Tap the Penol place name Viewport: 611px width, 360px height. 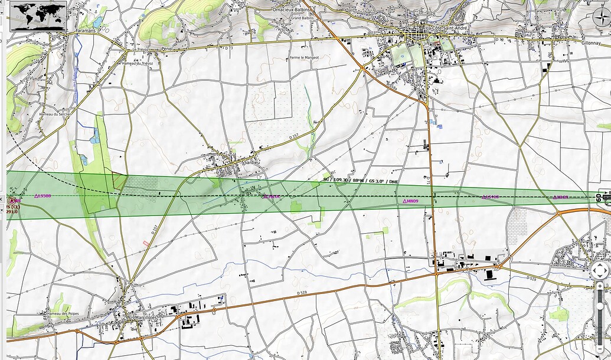point(167,49)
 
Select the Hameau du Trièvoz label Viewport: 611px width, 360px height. point(137,63)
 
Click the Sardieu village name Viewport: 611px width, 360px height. point(252,161)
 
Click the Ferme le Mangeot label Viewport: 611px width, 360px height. point(304,57)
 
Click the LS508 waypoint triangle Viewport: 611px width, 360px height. point(37,196)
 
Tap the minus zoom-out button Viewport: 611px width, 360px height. point(600,322)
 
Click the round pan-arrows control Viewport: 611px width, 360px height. point(599,271)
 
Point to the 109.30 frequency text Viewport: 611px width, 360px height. point(342,179)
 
